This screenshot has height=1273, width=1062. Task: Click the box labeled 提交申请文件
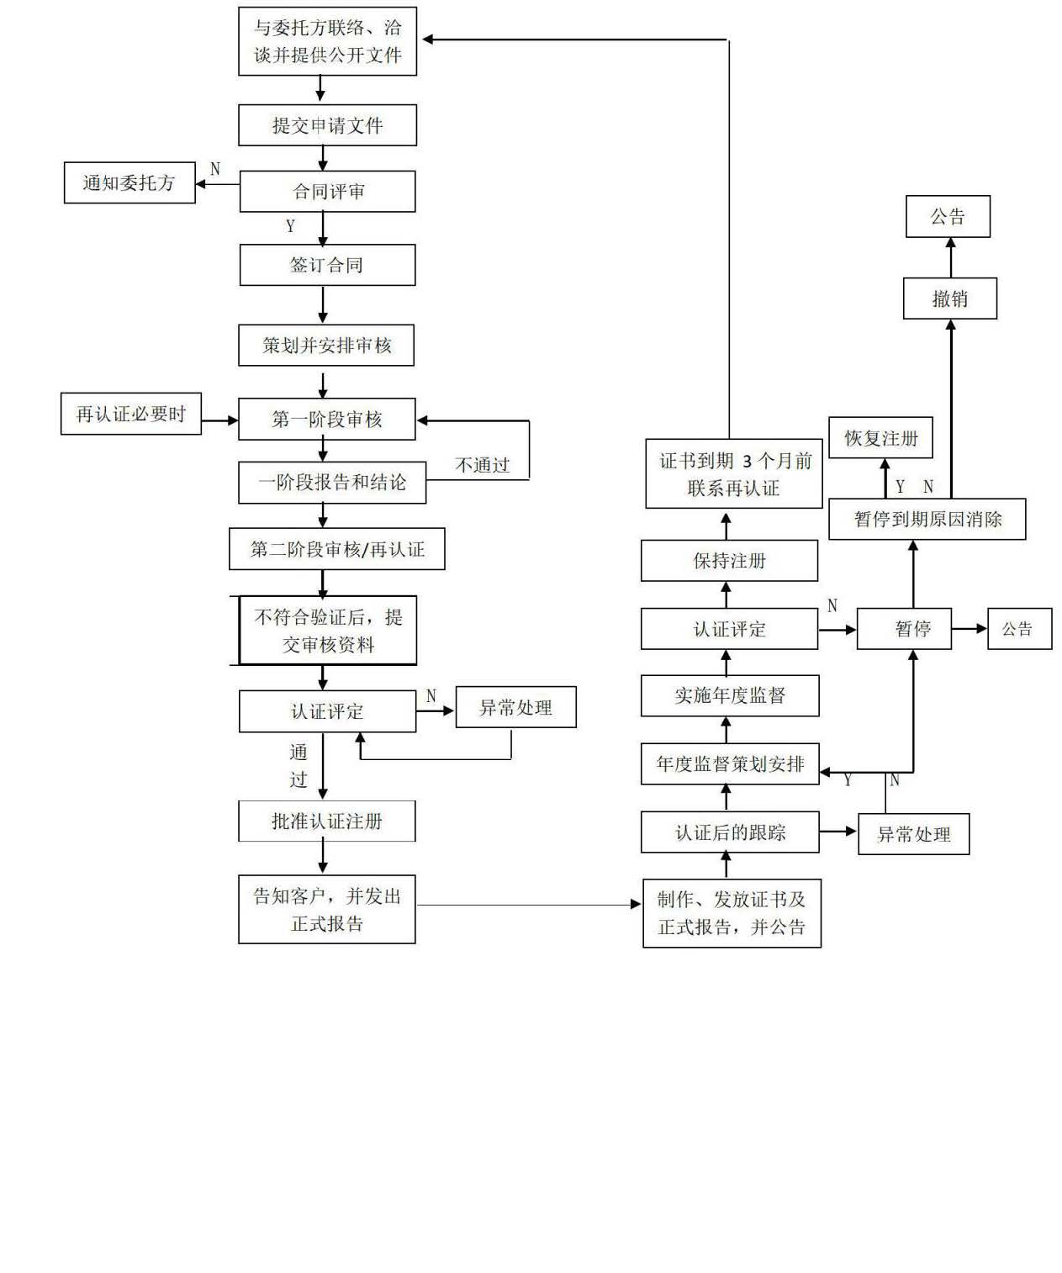pyautogui.click(x=327, y=125)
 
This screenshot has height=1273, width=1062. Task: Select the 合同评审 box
pyautogui.click(x=327, y=192)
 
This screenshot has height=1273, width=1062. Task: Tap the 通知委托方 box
pyautogui.click(x=129, y=182)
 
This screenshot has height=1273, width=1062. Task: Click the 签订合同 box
pyautogui.click(x=327, y=265)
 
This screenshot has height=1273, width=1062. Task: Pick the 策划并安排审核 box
pyautogui.click(x=326, y=345)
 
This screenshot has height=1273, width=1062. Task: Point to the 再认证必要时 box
pyautogui.click(x=130, y=414)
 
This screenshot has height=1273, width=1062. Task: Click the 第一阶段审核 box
pyautogui.click(x=326, y=419)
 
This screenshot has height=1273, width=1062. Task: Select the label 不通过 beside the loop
pyautogui.click(x=483, y=465)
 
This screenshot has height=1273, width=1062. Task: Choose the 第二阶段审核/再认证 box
pyautogui.click(x=336, y=549)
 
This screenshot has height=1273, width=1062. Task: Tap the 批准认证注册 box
pyautogui.click(x=326, y=821)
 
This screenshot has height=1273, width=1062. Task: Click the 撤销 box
pyautogui.click(x=949, y=298)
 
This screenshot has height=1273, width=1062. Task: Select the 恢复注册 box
pyautogui.click(x=880, y=438)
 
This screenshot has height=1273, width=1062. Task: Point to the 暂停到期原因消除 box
pyautogui.click(x=927, y=519)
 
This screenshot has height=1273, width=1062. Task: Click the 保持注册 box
pyautogui.click(x=729, y=561)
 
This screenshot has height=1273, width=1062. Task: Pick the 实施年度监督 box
pyautogui.click(x=729, y=695)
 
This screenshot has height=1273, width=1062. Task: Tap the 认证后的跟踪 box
pyautogui.click(x=729, y=832)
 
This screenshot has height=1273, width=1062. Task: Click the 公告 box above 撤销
pyautogui.click(x=948, y=217)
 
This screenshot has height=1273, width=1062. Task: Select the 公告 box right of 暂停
pyautogui.click(x=1018, y=629)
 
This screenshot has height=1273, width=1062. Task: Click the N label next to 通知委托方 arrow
pyautogui.click(x=215, y=169)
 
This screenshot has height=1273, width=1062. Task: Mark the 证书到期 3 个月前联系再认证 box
pyautogui.click(x=733, y=473)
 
